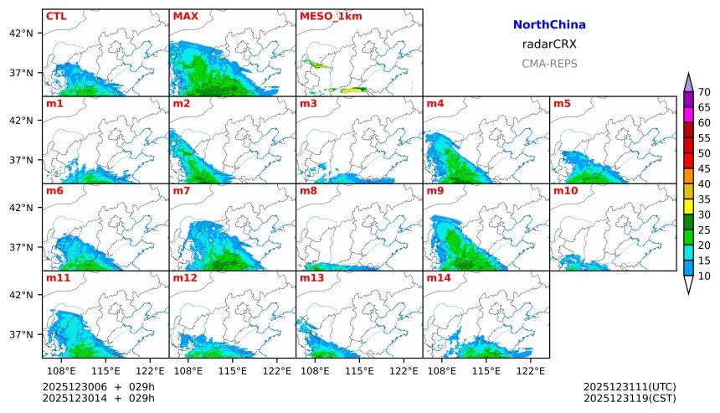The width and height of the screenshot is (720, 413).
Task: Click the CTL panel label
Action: click(x=56, y=16)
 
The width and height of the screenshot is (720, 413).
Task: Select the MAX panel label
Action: click(x=185, y=16)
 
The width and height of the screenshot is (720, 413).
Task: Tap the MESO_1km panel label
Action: click(x=327, y=16)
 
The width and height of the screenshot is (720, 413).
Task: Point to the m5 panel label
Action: click(x=561, y=104)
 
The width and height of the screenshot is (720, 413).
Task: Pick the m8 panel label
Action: click(x=307, y=191)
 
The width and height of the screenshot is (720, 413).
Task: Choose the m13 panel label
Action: click(x=311, y=277)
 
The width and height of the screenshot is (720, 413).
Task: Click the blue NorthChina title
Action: click(x=549, y=25)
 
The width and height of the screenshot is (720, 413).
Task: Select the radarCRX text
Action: click(x=549, y=44)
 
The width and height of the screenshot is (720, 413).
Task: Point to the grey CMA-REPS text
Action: click(x=549, y=64)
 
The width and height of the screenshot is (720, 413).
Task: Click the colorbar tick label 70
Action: click(x=704, y=92)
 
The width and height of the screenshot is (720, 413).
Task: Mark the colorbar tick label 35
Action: click(x=704, y=199)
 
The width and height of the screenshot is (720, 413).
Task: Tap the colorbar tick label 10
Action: click(x=704, y=276)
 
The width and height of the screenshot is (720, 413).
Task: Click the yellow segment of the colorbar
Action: click(x=688, y=206)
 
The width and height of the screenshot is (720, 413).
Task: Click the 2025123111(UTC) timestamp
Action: click(x=630, y=386)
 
